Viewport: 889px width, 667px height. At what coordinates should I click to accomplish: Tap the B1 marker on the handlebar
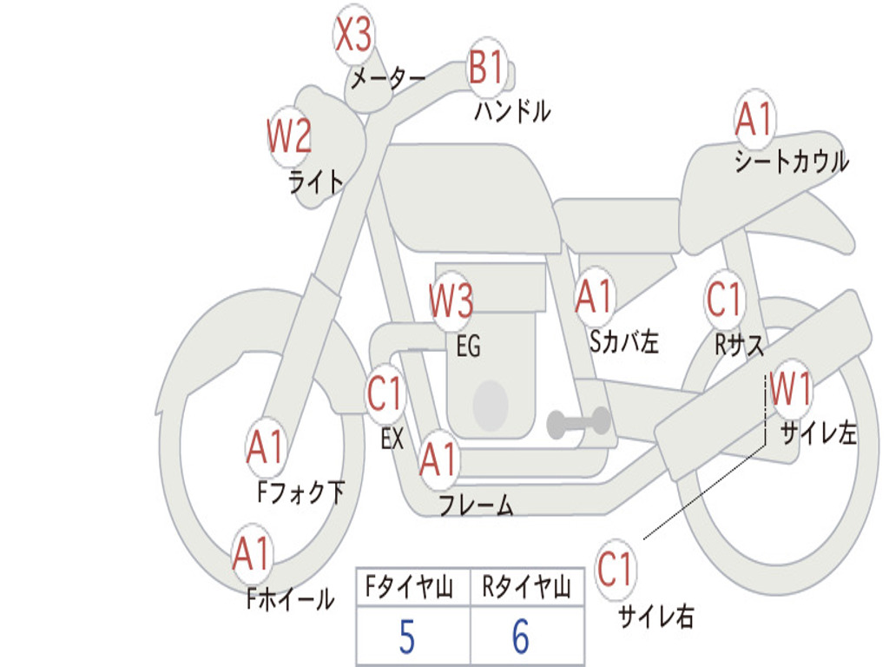[x=486, y=67]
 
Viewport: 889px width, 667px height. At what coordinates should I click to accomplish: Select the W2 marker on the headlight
[x=288, y=136]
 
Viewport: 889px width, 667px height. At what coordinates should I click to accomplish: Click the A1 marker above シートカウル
[x=754, y=120]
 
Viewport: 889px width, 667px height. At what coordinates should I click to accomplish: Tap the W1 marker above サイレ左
[x=790, y=390]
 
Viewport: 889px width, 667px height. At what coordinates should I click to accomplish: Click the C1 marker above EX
[x=385, y=393]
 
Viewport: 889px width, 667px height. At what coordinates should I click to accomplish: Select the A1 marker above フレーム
[x=438, y=458]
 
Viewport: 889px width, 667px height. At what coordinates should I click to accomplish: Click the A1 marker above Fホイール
[x=253, y=553]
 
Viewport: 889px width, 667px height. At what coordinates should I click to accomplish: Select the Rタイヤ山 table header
[x=526, y=589]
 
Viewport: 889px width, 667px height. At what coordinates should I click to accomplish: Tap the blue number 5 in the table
[x=406, y=637]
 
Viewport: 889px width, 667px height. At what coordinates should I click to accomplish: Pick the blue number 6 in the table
[x=521, y=637]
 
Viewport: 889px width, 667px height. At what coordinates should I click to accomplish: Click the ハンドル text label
[x=512, y=111]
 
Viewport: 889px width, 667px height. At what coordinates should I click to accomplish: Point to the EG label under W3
[x=468, y=347]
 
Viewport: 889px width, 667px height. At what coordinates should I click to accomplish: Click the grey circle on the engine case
[x=491, y=404]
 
